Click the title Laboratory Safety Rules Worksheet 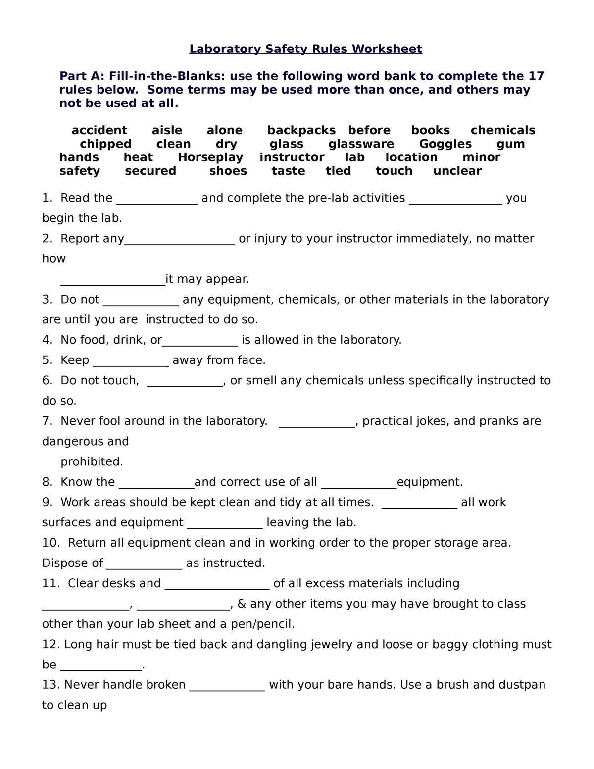(305, 49)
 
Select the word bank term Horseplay (210, 157)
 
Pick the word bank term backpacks (301, 130)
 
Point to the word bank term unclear (457, 171)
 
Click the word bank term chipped (105, 144)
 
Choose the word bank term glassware (361, 144)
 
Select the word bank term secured (150, 171)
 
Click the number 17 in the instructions (537, 76)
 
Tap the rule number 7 (47, 421)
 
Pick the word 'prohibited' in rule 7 (92, 462)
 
